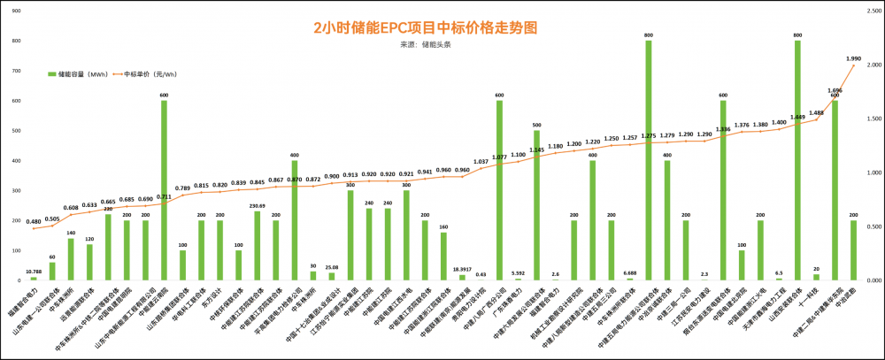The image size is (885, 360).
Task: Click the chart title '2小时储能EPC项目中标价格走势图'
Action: click(x=425, y=27)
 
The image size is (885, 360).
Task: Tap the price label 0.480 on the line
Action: click(x=34, y=221)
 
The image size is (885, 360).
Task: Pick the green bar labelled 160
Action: click(x=443, y=257)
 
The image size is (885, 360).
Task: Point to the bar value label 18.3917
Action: click(x=462, y=269)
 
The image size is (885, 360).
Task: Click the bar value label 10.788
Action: click(x=34, y=272)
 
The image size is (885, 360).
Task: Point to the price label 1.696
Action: click(x=835, y=91)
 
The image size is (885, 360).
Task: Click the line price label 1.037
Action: click(x=481, y=162)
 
